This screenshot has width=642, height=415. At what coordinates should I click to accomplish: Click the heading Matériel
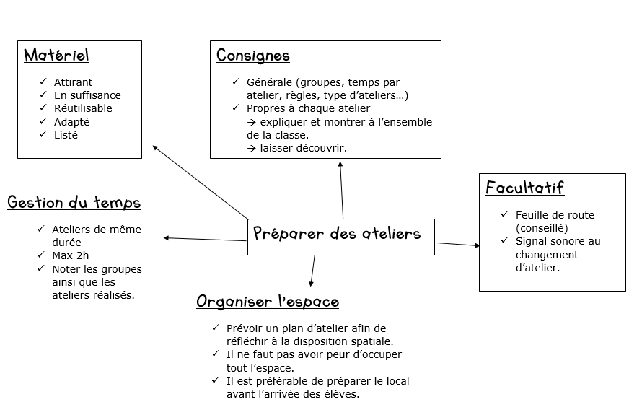pos(57,56)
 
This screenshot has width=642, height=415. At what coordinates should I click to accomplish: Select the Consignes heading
pos(253,56)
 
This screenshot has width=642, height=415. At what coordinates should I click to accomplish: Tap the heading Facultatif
pos(524,188)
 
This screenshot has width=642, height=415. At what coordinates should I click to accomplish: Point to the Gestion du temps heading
pos(74,203)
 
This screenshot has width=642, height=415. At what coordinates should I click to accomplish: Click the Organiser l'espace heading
pos(268,302)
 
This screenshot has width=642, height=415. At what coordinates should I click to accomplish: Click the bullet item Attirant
pos(74,82)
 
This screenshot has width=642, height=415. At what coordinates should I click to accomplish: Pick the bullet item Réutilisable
pos(83,108)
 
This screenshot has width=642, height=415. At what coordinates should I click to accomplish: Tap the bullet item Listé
pos(66,135)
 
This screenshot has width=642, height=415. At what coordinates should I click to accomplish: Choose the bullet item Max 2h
pos(70,255)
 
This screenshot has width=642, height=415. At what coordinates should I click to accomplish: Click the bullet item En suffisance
pos(87,95)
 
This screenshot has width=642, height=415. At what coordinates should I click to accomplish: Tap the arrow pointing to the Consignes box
pos(341,189)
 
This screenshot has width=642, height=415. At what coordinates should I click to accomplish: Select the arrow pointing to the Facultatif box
pos(458,245)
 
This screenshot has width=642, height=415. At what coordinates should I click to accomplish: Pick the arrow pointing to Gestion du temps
pos(205,239)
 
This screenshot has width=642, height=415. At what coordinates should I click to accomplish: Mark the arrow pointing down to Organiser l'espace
pos(312,271)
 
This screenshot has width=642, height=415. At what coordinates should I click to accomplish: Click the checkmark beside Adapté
pos(43,121)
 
